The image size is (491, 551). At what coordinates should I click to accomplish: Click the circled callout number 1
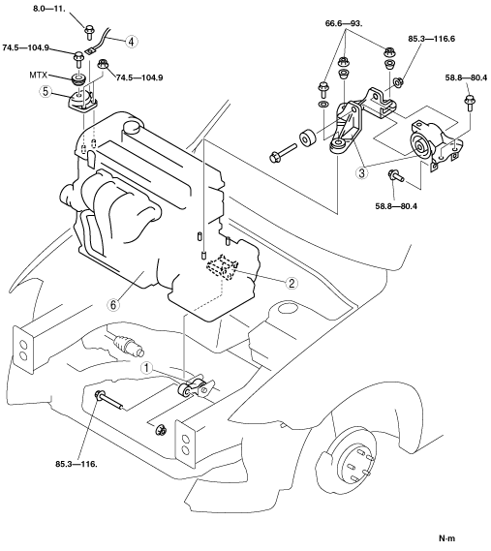(x=147, y=368)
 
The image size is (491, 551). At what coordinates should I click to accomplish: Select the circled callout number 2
(x=292, y=283)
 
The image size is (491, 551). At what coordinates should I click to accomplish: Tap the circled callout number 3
(x=362, y=172)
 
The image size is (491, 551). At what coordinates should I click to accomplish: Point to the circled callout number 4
(x=131, y=42)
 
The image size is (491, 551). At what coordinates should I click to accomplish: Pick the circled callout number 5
(x=46, y=91)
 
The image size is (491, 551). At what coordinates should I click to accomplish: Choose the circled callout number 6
(x=112, y=305)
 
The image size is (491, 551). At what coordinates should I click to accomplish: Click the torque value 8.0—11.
(x=49, y=8)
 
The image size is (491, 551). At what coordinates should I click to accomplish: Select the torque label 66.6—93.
(x=344, y=23)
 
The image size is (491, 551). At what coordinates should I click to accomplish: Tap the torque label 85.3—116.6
(x=431, y=39)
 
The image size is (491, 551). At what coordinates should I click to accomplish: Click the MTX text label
(x=39, y=76)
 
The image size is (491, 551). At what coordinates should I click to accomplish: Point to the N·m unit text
(x=446, y=538)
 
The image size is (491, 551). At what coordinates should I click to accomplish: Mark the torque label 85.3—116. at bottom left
(x=77, y=464)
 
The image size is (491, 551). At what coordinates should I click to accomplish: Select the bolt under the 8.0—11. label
(x=89, y=31)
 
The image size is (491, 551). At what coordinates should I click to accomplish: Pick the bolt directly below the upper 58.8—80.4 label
(x=470, y=103)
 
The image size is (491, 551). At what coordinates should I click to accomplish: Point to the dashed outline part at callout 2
(x=223, y=268)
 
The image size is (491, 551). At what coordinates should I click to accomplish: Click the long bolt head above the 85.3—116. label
(x=99, y=395)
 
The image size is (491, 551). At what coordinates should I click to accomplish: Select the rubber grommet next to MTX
(x=78, y=78)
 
